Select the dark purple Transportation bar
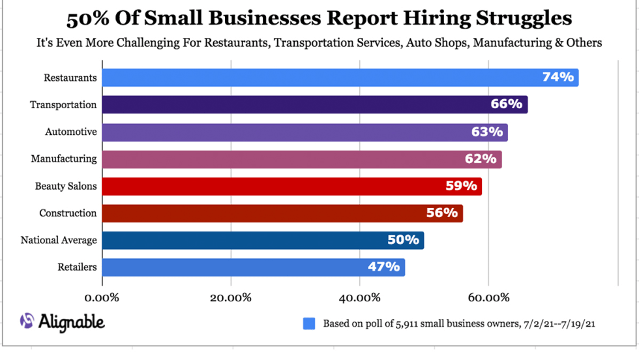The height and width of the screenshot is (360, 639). [313, 104]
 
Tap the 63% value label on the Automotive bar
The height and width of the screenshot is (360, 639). [487, 132]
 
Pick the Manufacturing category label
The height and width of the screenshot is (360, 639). [64, 158]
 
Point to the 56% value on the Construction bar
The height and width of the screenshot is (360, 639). [442, 213]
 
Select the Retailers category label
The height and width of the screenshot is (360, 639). [77, 267]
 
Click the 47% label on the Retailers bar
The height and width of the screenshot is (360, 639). [383, 267]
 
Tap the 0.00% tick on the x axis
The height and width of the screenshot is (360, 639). [102, 298]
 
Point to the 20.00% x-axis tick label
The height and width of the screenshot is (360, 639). [231, 298]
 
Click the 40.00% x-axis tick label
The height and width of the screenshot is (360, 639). [360, 298]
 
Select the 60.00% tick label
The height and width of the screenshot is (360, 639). [488, 298]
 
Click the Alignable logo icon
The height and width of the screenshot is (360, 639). [27, 321]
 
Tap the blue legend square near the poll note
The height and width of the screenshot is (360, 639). [309, 323]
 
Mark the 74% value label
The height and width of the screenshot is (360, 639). [558, 77]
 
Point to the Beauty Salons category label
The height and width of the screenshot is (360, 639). [66, 186]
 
